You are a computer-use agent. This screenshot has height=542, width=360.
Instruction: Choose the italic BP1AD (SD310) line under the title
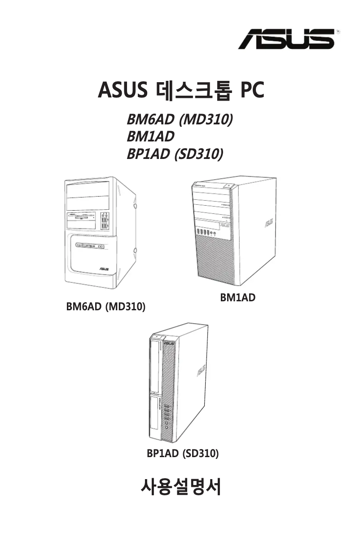175,154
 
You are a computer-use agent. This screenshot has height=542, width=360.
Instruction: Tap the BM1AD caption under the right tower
237,297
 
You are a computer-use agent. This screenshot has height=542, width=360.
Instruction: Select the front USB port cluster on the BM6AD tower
105,220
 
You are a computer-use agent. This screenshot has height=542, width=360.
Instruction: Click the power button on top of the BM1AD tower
228,185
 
